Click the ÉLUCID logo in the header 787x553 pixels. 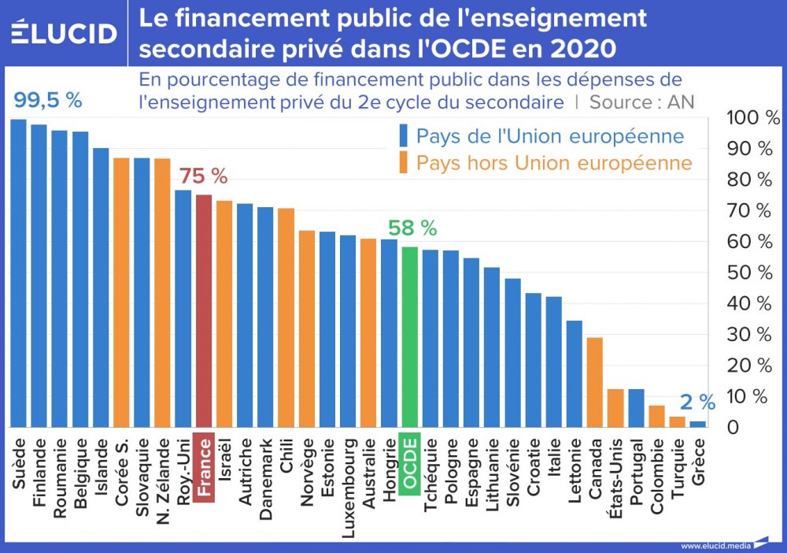[65, 33]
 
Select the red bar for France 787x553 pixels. [204, 310]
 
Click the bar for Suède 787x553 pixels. [19, 273]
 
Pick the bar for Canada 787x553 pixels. [594, 382]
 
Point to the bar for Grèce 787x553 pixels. [697, 424]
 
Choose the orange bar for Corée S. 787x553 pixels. [121, 292]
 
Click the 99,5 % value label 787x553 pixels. [48, 100]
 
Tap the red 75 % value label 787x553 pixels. [203, 176]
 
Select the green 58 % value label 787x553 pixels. [412, 228]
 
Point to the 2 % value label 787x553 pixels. [697, 403]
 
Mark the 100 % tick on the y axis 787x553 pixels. [753, 118]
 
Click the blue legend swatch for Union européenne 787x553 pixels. [403, 136]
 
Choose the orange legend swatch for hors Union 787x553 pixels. [403, 163]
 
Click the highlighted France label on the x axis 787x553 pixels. [204, 468]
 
